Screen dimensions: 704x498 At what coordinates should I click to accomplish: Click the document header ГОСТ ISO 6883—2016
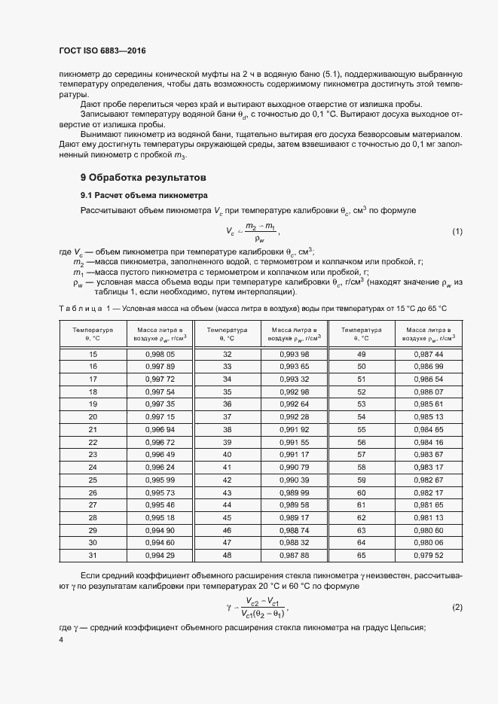pos(102,51)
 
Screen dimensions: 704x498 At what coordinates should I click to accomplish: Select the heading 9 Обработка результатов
pos(143,178)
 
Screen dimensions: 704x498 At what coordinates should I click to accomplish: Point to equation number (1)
pos(457,231)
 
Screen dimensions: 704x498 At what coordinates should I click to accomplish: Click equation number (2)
pos(457,606)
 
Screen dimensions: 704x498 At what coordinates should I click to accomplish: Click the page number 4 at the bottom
pos(61,639)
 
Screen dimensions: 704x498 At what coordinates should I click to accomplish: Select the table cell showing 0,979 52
pos(429,556)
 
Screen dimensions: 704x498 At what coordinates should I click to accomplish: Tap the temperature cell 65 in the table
pos(361,556)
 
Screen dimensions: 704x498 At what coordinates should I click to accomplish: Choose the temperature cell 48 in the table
pos(227,556)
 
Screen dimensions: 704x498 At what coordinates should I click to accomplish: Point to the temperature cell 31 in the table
pos(93,556)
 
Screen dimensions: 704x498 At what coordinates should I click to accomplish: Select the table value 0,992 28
pos(295,416)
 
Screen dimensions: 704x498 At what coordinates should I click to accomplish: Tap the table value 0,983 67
pos(429,454)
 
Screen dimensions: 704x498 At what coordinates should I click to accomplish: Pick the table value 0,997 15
pos(159,416)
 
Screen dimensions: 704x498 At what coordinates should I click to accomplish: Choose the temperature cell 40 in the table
pos(227,454)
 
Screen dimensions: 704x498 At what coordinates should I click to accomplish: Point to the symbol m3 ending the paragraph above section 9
pos(179,155)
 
